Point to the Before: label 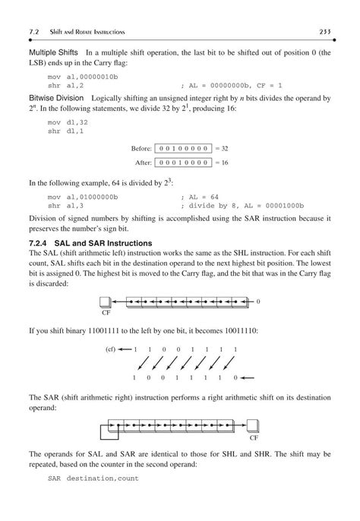pos(140,148)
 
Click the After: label pos(142,163)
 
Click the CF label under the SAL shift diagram pos(106,311)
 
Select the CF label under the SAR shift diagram pos(254,438)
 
